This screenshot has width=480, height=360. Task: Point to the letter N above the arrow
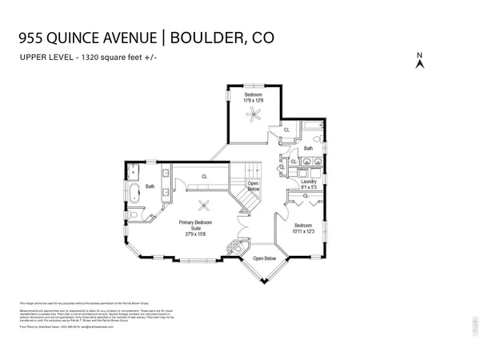click(419, 55)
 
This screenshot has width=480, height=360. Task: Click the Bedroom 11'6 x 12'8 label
click(254, 98)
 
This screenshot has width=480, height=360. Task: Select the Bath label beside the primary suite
click(150, 186)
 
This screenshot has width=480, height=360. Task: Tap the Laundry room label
click(309, 182)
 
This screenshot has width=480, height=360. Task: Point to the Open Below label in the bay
click(264, 259)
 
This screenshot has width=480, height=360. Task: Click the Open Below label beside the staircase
click(253, 187)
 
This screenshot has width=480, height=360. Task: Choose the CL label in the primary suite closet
click(204, 177)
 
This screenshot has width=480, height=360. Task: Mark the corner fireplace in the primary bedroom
click(233, 246)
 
